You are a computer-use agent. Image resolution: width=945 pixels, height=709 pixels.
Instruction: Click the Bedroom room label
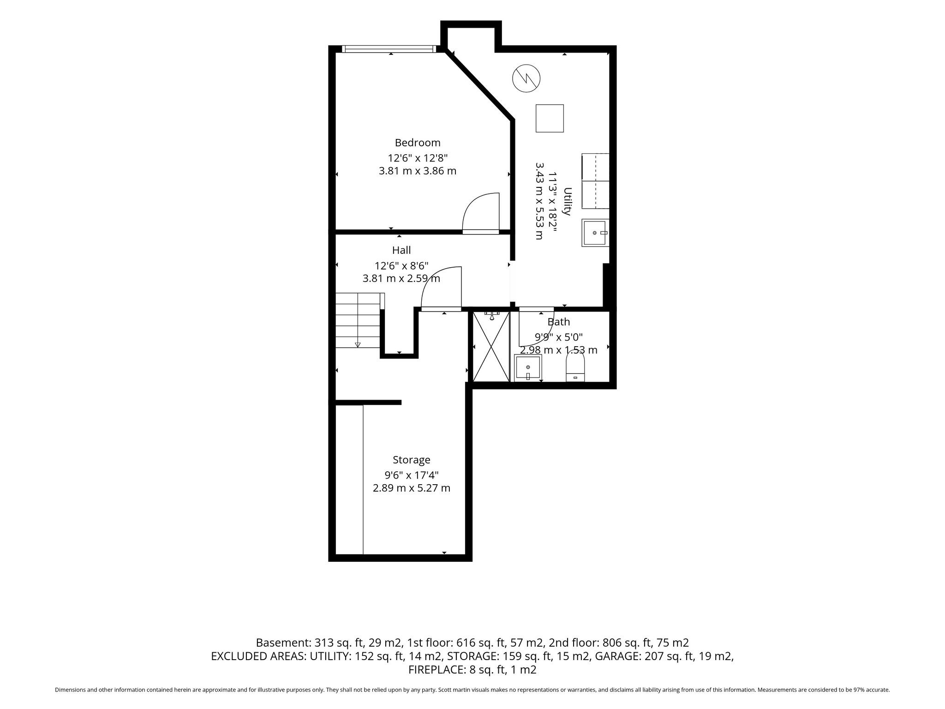point(417,143)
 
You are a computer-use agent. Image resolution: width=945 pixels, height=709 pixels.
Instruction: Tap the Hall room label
point(401,250)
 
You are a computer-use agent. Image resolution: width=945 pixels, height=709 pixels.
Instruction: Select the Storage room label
point(412,460)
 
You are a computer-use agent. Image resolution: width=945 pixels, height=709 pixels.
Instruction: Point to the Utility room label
point(568,201)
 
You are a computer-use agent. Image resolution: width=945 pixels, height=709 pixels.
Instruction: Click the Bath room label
point(559,322)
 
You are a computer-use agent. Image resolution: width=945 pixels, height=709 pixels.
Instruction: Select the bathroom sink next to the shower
point(528,368)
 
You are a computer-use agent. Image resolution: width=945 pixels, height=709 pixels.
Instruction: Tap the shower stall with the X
point(491,347)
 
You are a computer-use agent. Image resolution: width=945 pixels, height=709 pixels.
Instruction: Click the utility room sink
point(595,233)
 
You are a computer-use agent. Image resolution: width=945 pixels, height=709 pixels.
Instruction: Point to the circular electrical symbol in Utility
point(526,78)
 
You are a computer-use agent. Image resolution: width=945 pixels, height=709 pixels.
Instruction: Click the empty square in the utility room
point(550,118)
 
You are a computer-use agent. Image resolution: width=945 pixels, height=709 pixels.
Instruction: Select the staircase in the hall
point(359,320)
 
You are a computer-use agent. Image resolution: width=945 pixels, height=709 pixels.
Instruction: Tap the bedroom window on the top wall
point(389,49)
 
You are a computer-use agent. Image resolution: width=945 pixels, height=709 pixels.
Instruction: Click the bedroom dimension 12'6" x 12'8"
point(418,158)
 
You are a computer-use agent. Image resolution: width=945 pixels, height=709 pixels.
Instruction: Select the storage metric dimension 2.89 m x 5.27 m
point(412,488)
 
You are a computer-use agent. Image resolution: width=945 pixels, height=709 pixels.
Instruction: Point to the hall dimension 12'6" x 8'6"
point(401,266)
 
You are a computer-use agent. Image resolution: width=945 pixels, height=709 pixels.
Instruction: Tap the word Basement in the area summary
point(282,643)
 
